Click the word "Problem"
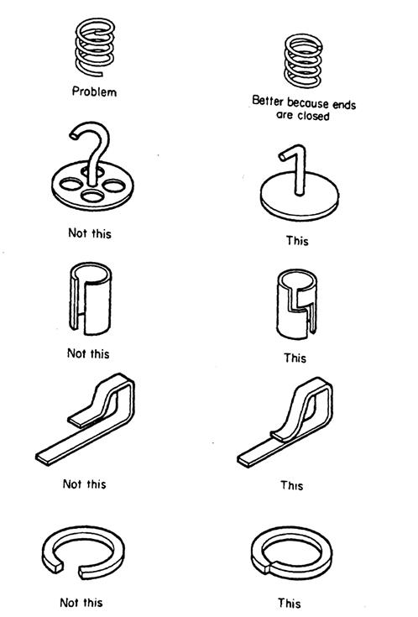pos(95,92)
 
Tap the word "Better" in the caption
pos(268,101)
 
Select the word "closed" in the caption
pos(313,116)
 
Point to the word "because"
pos(308,103)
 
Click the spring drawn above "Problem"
pos(95,47)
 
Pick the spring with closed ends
pos(303,60)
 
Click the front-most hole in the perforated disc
pos(92,195)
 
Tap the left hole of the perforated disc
pos(71,184)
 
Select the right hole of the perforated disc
pos(114,186)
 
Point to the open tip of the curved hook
pos(73,135)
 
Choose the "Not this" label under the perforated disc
pos(90,233)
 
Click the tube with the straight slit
pos(91,299)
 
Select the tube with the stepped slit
pos(297,304)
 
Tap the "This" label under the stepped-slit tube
pos(295,358)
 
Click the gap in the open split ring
pos(71,569)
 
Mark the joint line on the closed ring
pos(268,568)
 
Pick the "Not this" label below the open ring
pos(81,603)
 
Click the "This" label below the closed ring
pos(290,603)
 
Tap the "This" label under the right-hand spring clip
pos(291,485)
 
